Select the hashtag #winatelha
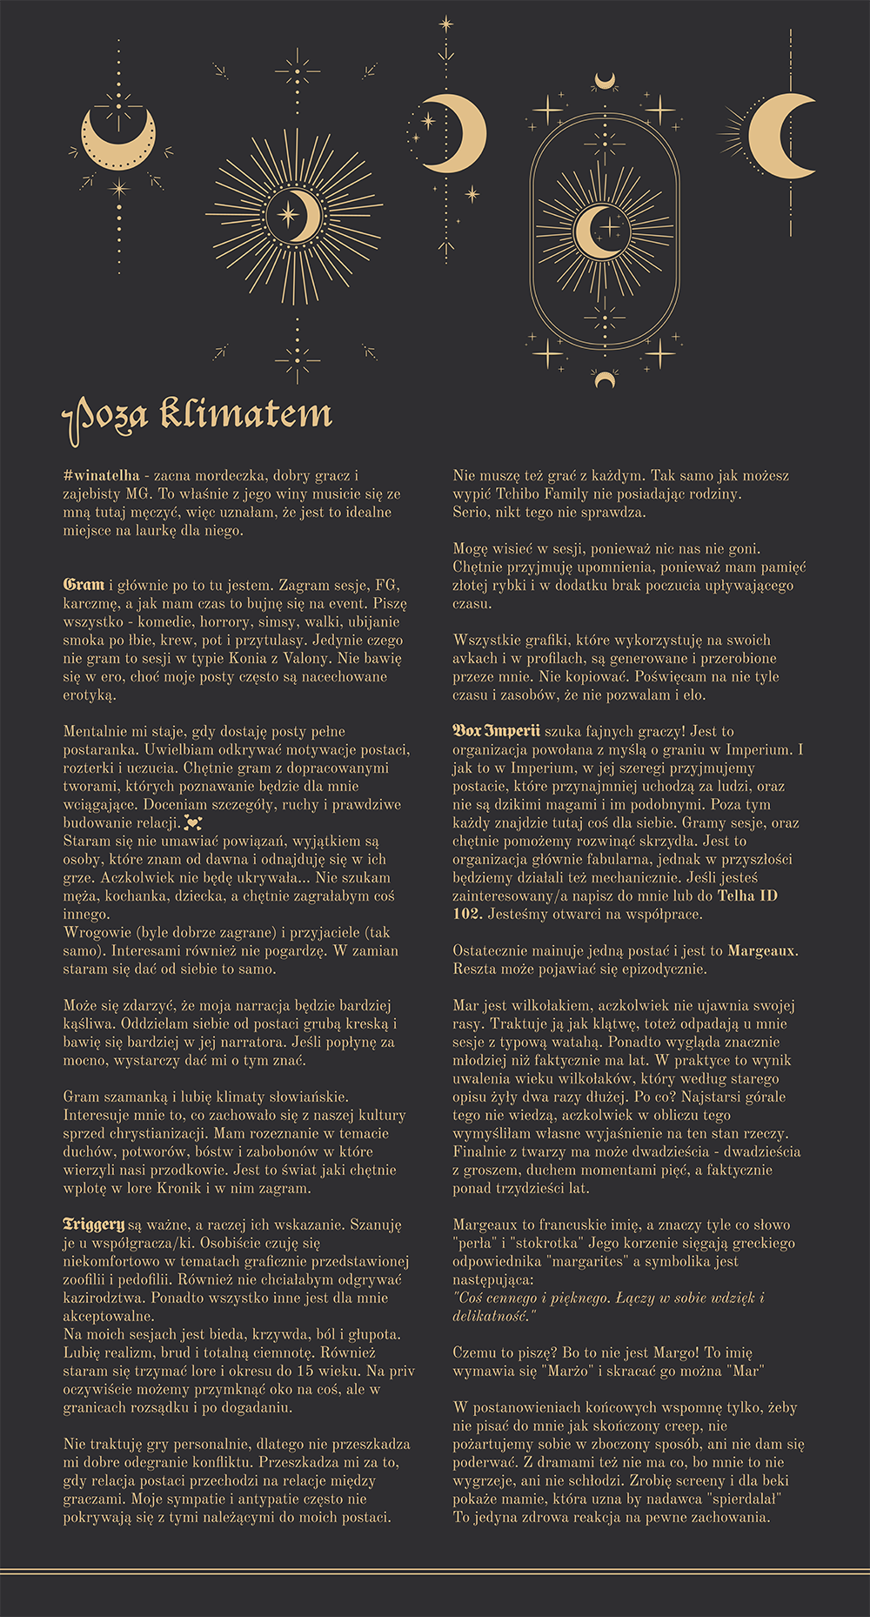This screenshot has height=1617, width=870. tap(101, 476)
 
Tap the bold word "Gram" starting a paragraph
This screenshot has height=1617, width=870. tap(84, 585)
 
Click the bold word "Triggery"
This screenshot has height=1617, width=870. tap(93, 1224)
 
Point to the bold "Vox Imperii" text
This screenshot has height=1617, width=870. tap(496, 731)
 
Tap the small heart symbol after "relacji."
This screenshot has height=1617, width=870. tap(193, 823)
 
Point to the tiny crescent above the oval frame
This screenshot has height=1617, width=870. tap(605, 82)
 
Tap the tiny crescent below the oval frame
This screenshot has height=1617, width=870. tap(605, 379)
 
